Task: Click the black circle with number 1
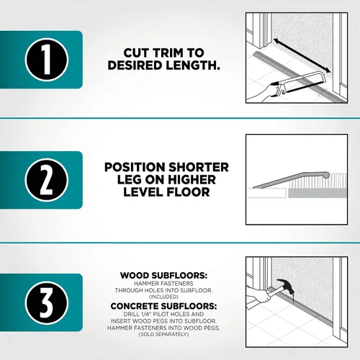click(x=47, y=60)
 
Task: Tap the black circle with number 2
click(x=47, y=180)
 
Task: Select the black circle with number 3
click(x=47, y=303)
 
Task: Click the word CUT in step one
click(x=137, y=53)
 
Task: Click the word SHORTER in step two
click(x=199, y=167)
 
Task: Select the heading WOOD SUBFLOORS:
click(x=163, y=276)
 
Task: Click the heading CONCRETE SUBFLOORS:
click(x=163, y=306)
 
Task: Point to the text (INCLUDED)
click(x=163, y=297)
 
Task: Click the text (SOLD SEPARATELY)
click(x=163, y=334)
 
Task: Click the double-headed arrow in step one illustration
click(x=302, y=55)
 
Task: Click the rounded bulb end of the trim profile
click(x=326, y=174)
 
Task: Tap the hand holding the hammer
click(x=261, y=296)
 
